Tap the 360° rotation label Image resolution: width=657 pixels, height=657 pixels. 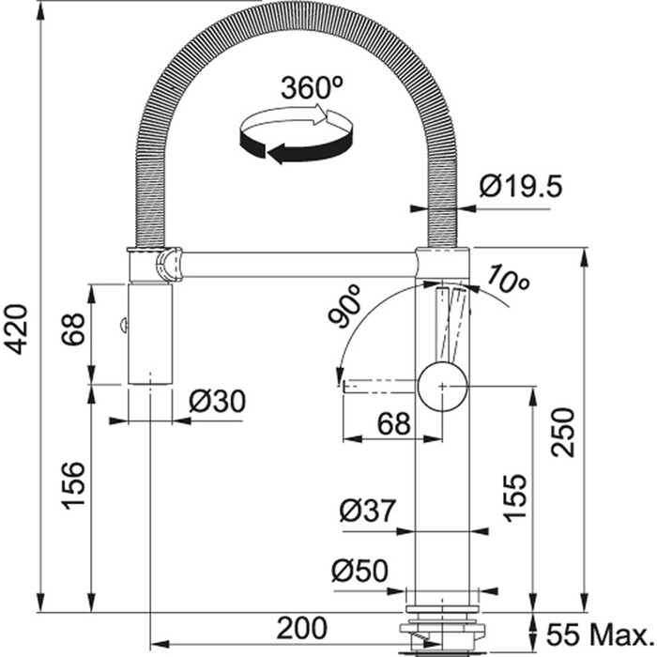311,89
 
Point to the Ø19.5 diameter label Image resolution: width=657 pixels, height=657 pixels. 519,187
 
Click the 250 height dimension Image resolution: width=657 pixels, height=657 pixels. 564,429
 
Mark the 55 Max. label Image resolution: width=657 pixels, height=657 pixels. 597,628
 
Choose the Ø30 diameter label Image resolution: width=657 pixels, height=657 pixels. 216,401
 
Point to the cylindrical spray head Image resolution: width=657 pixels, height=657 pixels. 150,333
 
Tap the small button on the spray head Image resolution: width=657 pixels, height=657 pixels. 122,326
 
